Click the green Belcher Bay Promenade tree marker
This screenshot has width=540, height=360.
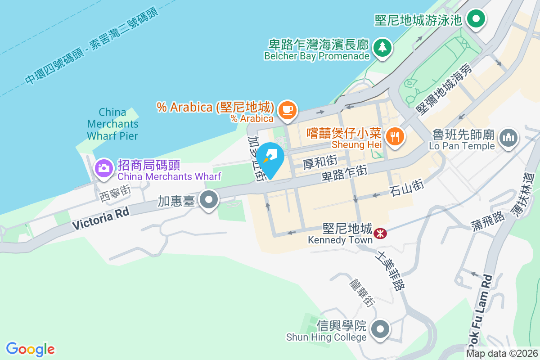pyautogui.click(x=382, y=46)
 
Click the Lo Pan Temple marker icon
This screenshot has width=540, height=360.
pyautogui.click(x=508, y=136)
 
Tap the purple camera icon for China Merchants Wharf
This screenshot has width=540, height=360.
pyautogui.click(x=103, y=168)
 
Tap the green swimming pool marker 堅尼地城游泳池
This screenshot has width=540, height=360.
pyautogui.click(x=475, y=19)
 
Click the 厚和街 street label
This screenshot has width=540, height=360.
pyautogui.click(x=320, y=162)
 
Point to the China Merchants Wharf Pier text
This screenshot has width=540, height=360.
pyautogui.click(x=112, y=123)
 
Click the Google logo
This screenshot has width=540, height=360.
pyautogui.click(x=31, y=349)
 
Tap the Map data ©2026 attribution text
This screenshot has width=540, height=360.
pyautogui.click(x=502, y=354)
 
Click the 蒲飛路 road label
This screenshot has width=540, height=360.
pyautogui.click(x=488, y=219)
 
